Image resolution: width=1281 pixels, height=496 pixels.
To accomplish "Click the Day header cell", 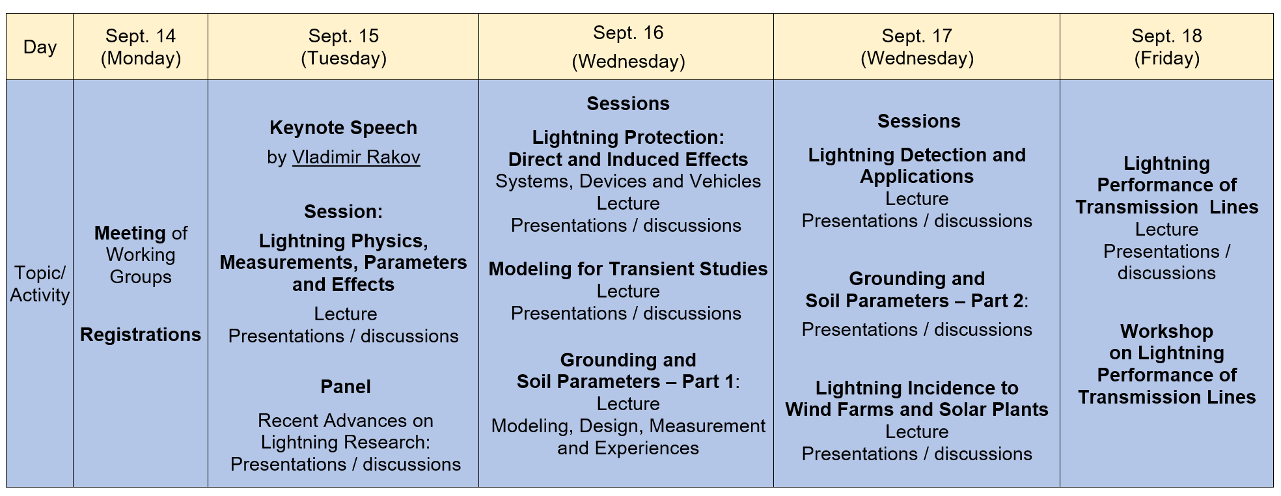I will coord(40,47).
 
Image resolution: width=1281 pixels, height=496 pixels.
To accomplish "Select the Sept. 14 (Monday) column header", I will coord(141,47).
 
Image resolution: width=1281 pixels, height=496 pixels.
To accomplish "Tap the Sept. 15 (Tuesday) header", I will coord(343,47).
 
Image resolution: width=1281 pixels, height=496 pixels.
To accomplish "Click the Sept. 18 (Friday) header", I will coord(1166,47).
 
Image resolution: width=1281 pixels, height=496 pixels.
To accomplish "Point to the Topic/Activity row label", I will coord(40,284).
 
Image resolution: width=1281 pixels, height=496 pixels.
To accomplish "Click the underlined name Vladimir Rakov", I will coord(356,158).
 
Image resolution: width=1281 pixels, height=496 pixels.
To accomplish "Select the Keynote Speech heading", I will coord(343,128).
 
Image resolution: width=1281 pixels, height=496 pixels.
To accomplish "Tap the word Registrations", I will coord(141,335).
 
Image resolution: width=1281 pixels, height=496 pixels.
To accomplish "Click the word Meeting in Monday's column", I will coord(130,233).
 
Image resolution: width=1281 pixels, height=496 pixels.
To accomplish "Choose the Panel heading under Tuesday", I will coord(345,387).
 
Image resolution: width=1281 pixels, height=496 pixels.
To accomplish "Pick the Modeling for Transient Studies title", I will coord(627,269).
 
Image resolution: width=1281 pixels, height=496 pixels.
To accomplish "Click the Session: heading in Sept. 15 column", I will coord(343,212).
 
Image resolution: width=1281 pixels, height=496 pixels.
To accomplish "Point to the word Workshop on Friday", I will coord(1166,331).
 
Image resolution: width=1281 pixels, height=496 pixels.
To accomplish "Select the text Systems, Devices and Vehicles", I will coord(627,181).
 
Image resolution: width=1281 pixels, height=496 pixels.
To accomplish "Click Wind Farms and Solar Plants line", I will coord(916,409).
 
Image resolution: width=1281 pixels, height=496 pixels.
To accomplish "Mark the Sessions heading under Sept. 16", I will coord(627,103).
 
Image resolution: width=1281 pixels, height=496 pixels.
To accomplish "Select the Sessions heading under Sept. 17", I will coord(918,121).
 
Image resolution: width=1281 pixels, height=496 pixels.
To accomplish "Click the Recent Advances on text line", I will coord(345,420).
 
